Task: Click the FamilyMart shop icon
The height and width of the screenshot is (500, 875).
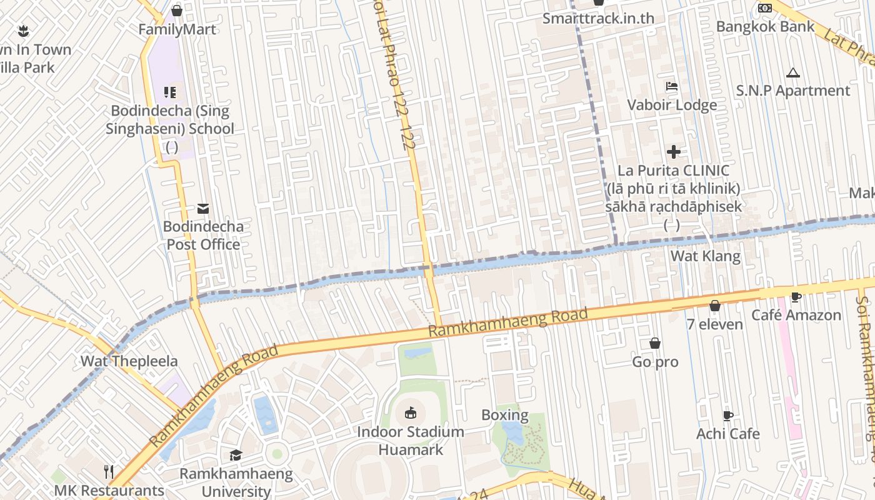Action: [177, 11]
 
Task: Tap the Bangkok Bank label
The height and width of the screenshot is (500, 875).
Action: [765, 26]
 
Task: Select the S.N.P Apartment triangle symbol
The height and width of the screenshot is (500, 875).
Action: [793, 73]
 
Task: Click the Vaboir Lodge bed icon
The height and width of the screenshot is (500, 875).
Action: [672, 86]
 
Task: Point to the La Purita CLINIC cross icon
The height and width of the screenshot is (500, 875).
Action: [673, 152]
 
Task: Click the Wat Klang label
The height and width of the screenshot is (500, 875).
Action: [705, 256]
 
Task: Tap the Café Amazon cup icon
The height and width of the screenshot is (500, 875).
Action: [796, 297]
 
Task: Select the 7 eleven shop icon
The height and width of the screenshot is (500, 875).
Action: [715, 306]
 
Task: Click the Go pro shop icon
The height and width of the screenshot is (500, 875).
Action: [655, 343]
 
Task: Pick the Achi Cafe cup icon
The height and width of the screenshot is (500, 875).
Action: [728, 416]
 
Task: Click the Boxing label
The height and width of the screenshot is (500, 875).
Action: [504, 415]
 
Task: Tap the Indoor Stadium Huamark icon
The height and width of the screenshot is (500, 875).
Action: [411, 412]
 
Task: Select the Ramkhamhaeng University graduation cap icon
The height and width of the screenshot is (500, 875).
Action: [236, 455]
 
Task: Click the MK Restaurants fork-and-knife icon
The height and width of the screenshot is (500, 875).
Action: [109, 471]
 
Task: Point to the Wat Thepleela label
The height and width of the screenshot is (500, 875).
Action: [129, 361]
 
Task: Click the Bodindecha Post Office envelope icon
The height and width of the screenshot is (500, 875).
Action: [203, 208]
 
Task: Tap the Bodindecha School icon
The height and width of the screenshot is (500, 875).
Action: [170, 92]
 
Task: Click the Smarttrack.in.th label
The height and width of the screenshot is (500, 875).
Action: [598, 18]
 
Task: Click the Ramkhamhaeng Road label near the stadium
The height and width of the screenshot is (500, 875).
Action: [510, 322]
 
